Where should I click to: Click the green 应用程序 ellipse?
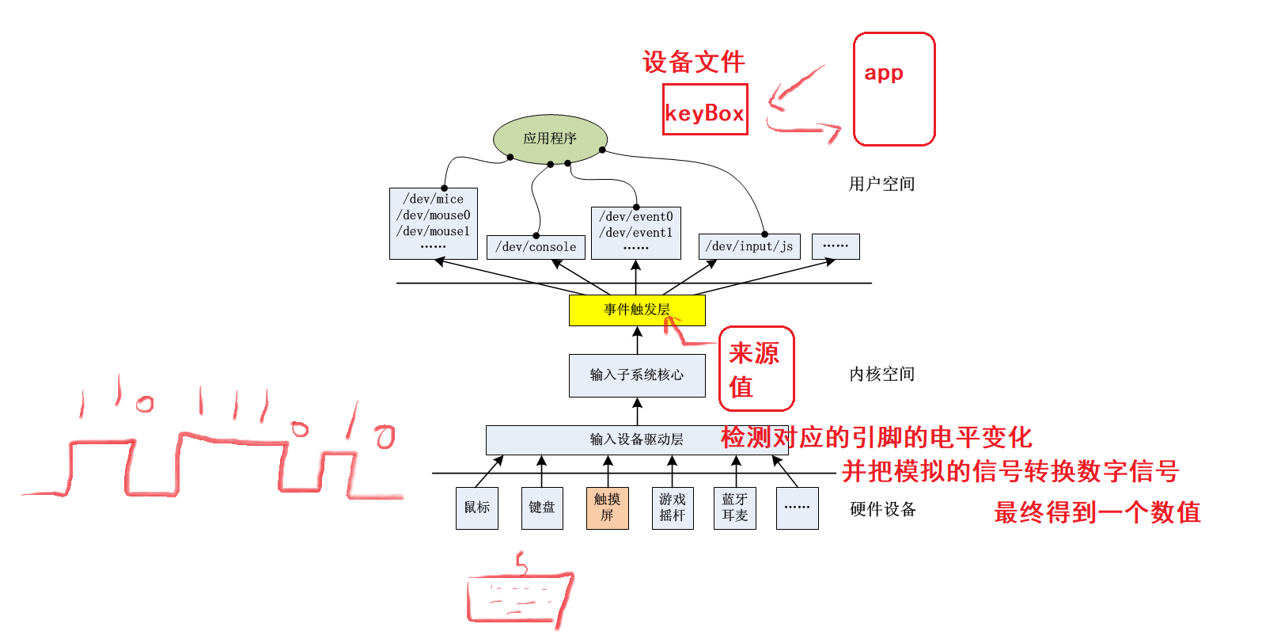tap(550, 139)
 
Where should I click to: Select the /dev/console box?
tap(536, 247)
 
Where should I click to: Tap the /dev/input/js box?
tap(748, 246)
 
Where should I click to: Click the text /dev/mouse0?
tap(434, 215)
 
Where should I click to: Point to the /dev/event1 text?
tap(635, 233)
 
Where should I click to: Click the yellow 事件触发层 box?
tap(636, 310)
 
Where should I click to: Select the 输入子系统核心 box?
tap(636, 375)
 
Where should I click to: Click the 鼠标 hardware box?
tap(477, 508)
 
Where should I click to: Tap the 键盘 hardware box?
tap(542, 508)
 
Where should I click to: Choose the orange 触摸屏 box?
tap(607, 508)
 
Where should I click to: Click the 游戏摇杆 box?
tap(672, 508)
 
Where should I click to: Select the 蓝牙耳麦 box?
tap(734, 508)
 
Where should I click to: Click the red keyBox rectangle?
tap(704, 110)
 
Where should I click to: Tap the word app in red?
tap(883, 73)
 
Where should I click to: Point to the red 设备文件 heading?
tap(693, 62)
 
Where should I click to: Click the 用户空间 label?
tap(881, 185)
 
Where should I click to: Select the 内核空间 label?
tap(881, 375)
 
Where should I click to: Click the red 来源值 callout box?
tap(756, 369)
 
